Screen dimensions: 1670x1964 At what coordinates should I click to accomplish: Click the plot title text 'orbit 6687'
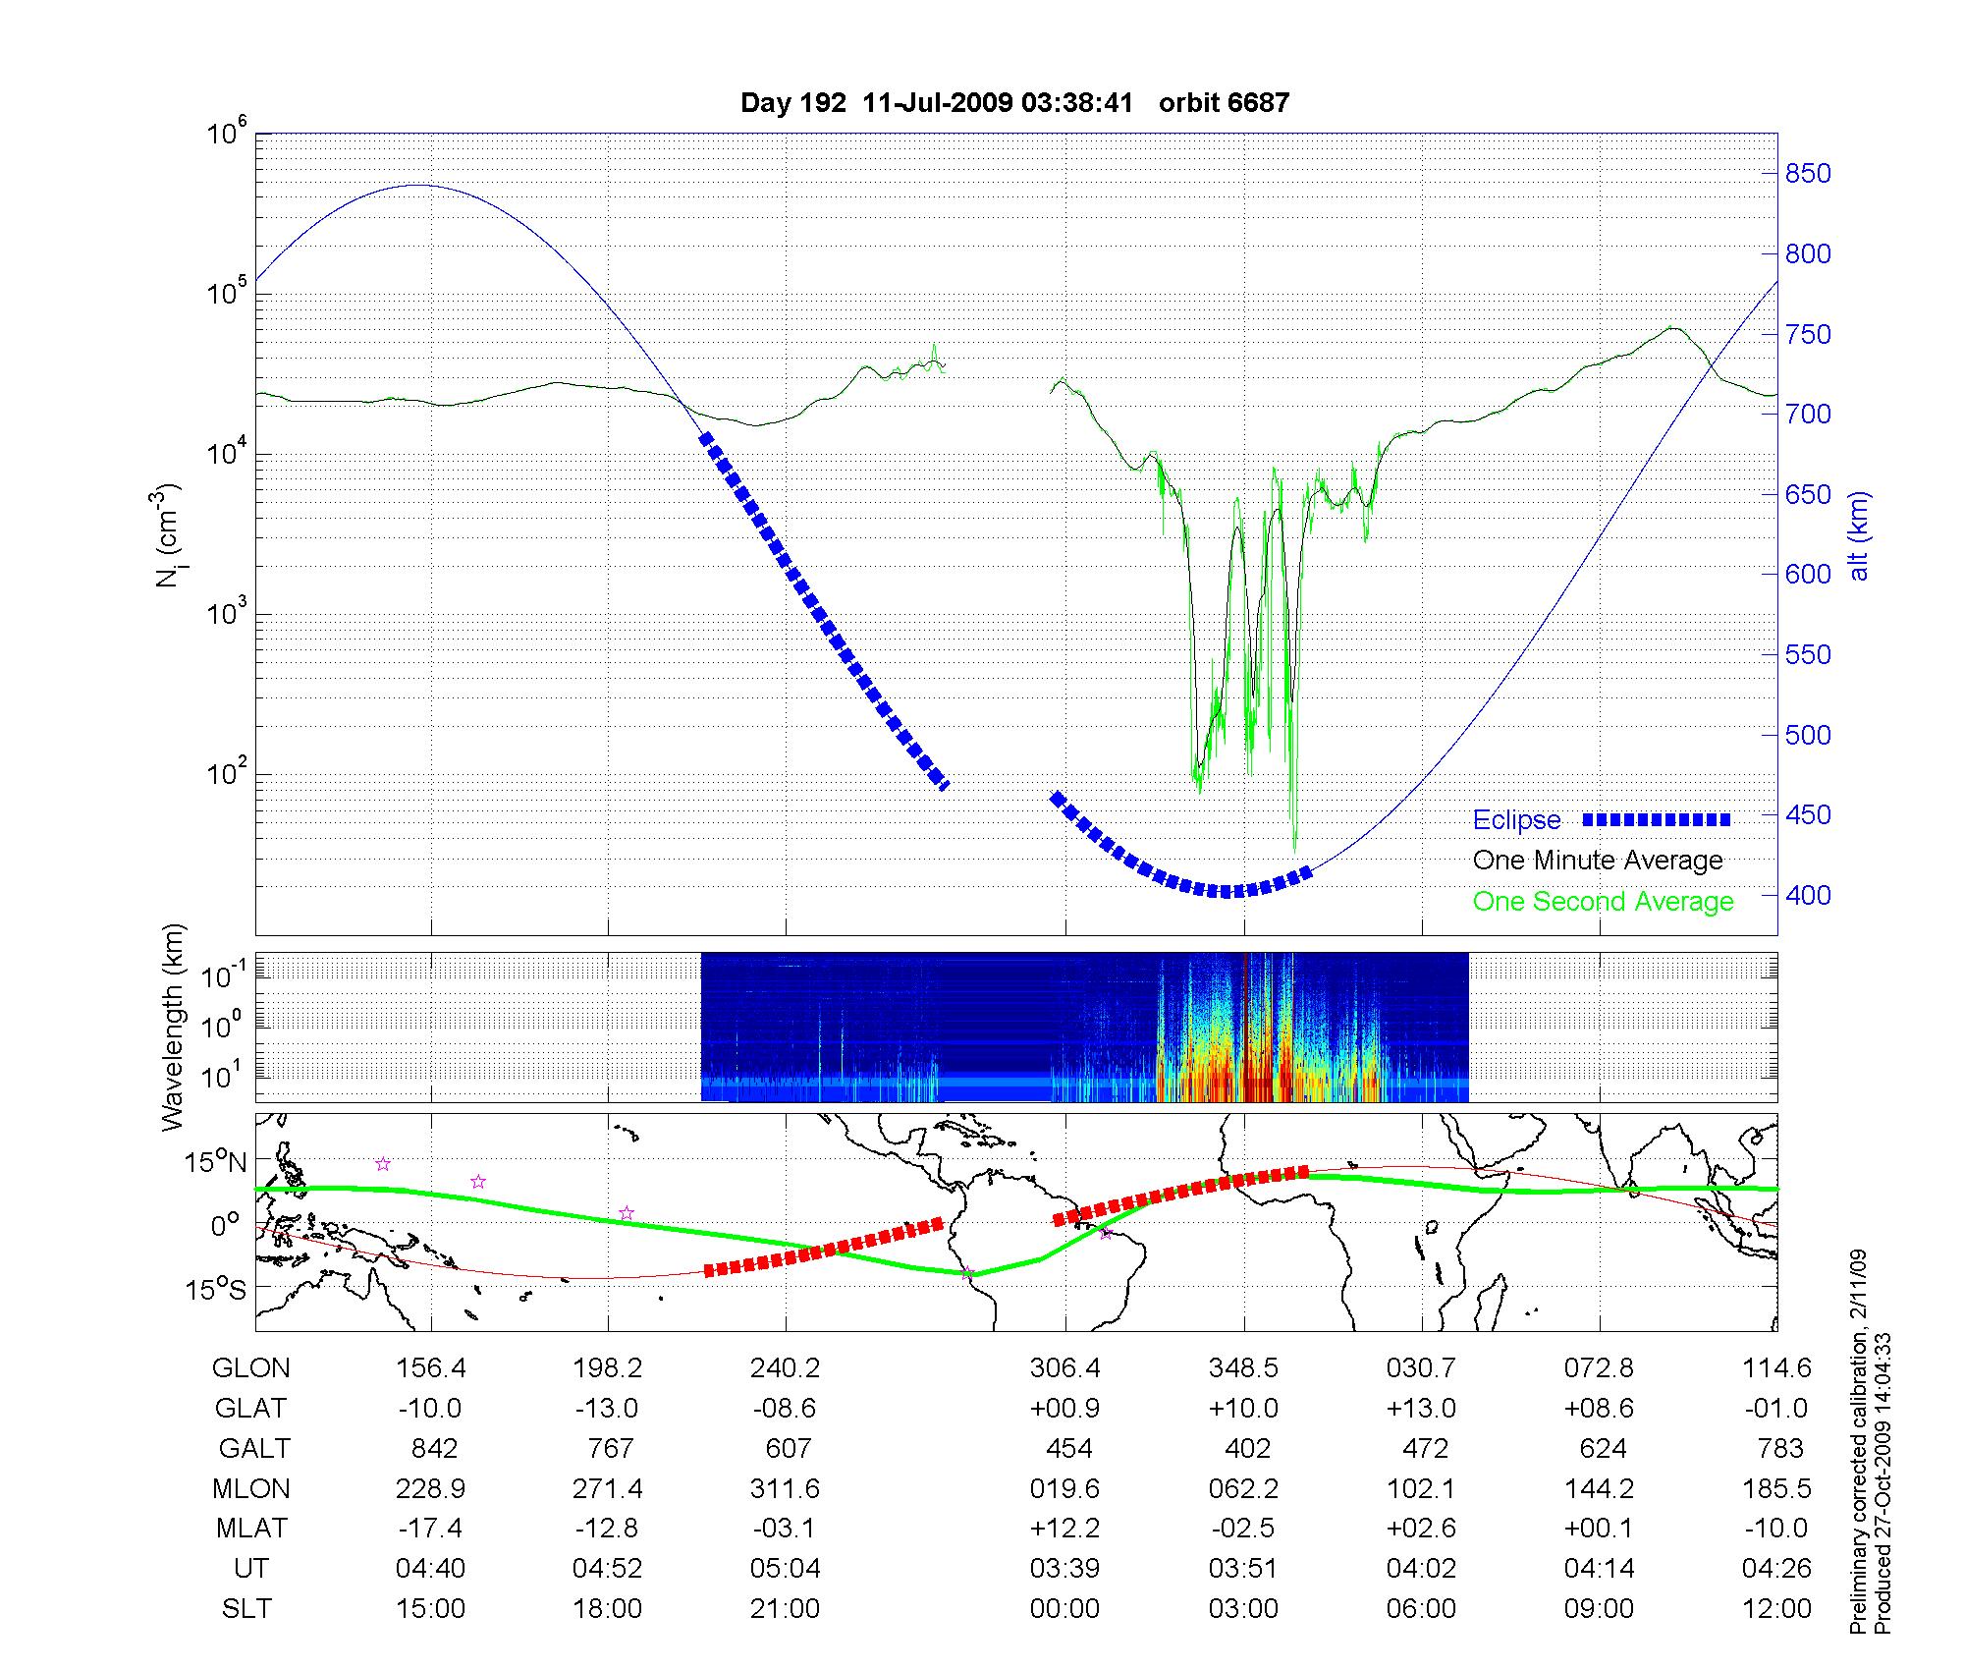tap(1224, 103)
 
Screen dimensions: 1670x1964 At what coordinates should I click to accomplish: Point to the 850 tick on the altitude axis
tap(1807, 174)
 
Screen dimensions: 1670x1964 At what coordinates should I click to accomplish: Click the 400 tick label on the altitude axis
tap(1807, 895)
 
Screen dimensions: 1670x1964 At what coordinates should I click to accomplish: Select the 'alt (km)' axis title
tap(1859, 535)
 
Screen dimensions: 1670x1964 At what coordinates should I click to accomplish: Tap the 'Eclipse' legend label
tap(1516, 820)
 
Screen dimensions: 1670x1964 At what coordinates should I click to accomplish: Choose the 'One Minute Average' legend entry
tap(1598, 861)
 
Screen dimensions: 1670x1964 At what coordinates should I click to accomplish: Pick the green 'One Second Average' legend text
tap(1603, 902)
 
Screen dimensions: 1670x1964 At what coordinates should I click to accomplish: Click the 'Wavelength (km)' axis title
tap(174, 1027)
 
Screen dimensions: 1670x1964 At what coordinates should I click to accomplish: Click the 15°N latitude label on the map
tap(217, 1163)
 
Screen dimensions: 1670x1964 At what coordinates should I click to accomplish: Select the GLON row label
tap(250, 1368)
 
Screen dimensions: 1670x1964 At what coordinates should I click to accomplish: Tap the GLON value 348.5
tap(1243, 1368)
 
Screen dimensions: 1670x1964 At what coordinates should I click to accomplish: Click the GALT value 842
tap(433, 1449)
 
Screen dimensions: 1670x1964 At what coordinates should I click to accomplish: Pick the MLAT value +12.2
tap(1064, 1529)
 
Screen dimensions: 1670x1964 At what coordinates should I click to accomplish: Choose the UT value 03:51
tap(1243, 1569)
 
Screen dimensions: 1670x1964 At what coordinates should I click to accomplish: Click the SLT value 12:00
tap(1776, 1609)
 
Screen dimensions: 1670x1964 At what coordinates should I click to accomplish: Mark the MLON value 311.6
tap(785, 1489)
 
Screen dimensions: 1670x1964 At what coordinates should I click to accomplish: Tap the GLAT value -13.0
tap(607, 1409)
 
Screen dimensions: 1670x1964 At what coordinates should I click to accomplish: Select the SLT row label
tap(246, 1609)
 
